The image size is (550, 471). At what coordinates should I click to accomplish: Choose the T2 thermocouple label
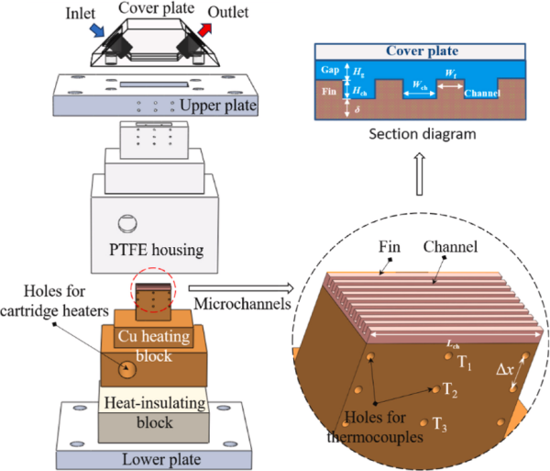point(449,391)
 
